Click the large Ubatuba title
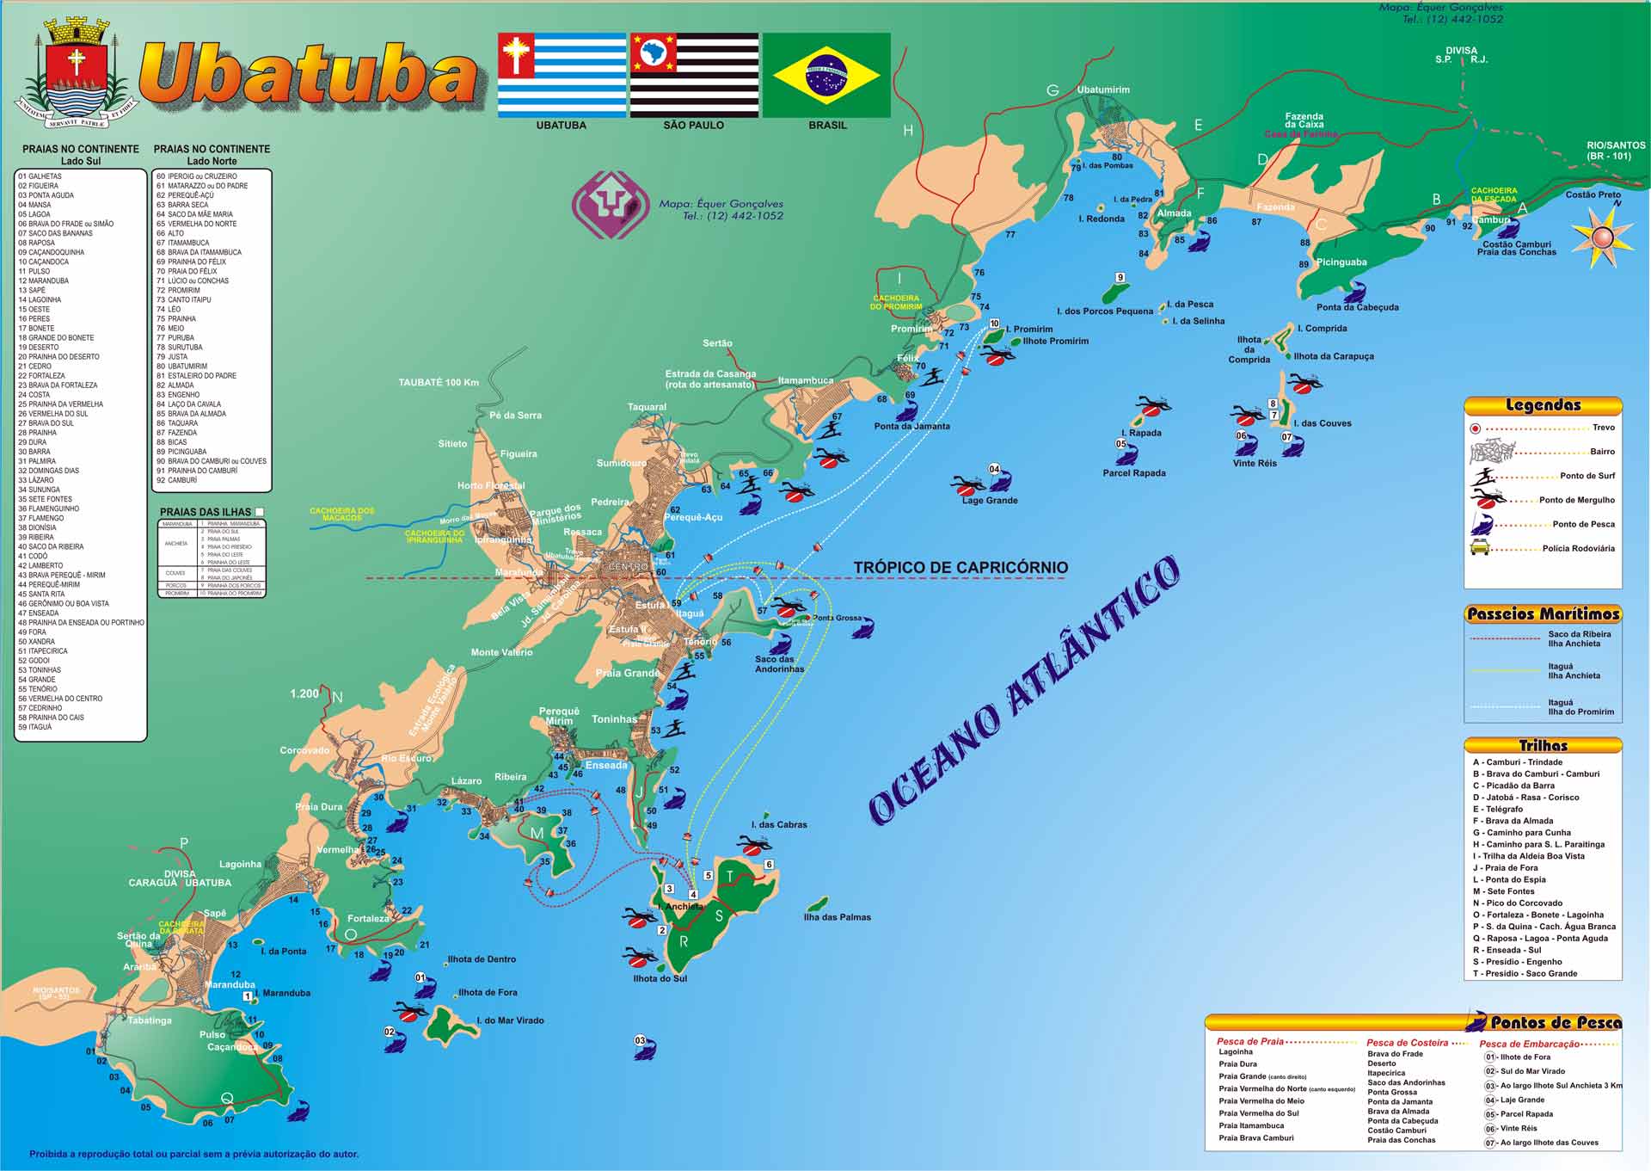click(x=308, y=76)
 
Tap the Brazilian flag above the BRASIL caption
click(x=826, y=75)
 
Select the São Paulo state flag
click(x=694, y=75)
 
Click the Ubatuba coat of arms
click(x=76, y=75)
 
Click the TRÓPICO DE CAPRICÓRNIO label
click(x=961, y=568)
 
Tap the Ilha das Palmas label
click(x=837, y=917)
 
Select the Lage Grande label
click(x=989, y=500)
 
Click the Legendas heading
click(x=1543, y=405)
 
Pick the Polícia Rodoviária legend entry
click(x=1578, y=548)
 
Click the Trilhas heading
click(x=1543, y=746)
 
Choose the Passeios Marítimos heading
click(x=1543, y=613)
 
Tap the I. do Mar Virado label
click(x=510, y=1020)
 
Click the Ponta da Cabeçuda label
click(x=1357, y=307)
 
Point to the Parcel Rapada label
click(x=1134, y=473)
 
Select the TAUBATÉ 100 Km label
click(x=439, y=382)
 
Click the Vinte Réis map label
click(x=1255, y=463)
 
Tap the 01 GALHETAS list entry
click(x=40, y=176)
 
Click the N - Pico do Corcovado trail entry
click(x=1517, y=903)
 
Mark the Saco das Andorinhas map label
click(x=779, y=664)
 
